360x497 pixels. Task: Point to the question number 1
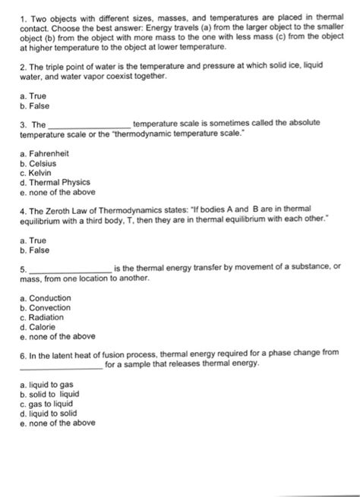pyautogui.click(x=23, y=17)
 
